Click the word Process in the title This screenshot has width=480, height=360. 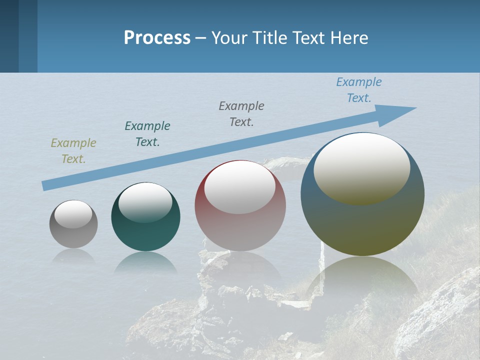click(x=157, y=38)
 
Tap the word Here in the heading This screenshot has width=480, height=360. click(x=348, y=38)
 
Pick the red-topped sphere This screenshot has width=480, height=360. click(x=240, y=230)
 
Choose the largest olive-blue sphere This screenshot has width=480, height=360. click(x=362, y=225)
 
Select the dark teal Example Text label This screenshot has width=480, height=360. click(x=147, y=134)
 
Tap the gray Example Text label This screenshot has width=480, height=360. click(x=241, y=113)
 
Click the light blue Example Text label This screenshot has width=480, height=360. click(x=359, y=90)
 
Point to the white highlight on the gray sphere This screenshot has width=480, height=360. click(x=73, y=214)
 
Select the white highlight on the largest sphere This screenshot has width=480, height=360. click(x=362, y=168)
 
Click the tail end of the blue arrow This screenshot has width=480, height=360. click(x=46, y=185)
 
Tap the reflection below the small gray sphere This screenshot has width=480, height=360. click(x=73, y=256)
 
